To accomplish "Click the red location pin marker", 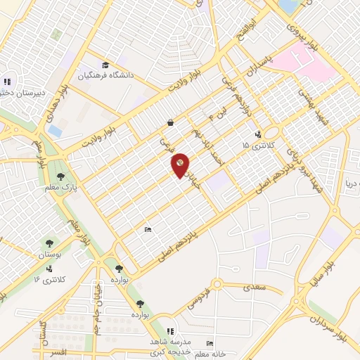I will click(x=181, y=164).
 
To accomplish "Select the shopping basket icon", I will click(x=171, y=122).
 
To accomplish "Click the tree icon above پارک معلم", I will click(x=60, y=176).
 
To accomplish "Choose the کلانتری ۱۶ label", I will click(x=49, y=280).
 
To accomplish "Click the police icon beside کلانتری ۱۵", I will click(x=258, y=134).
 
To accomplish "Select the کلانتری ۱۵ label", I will click(x=255, y=145).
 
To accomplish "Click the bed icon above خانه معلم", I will click(x=209, y=344).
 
